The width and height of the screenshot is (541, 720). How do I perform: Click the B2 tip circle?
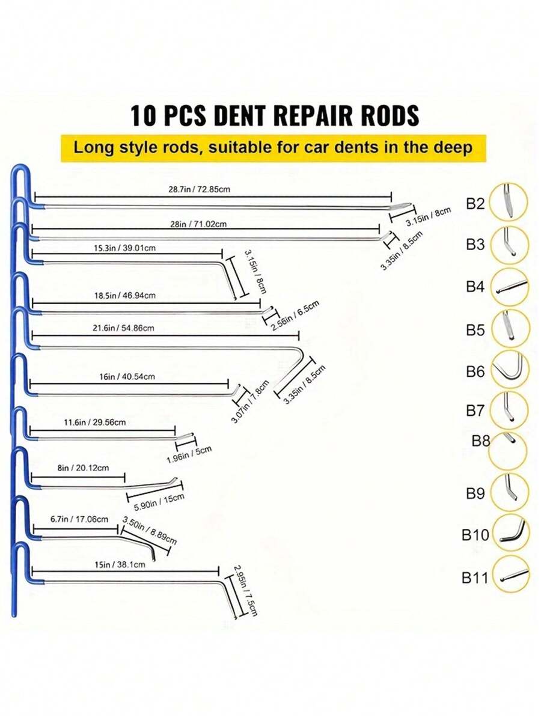(508, 203)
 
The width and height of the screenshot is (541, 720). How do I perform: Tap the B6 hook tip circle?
(510, 370)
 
